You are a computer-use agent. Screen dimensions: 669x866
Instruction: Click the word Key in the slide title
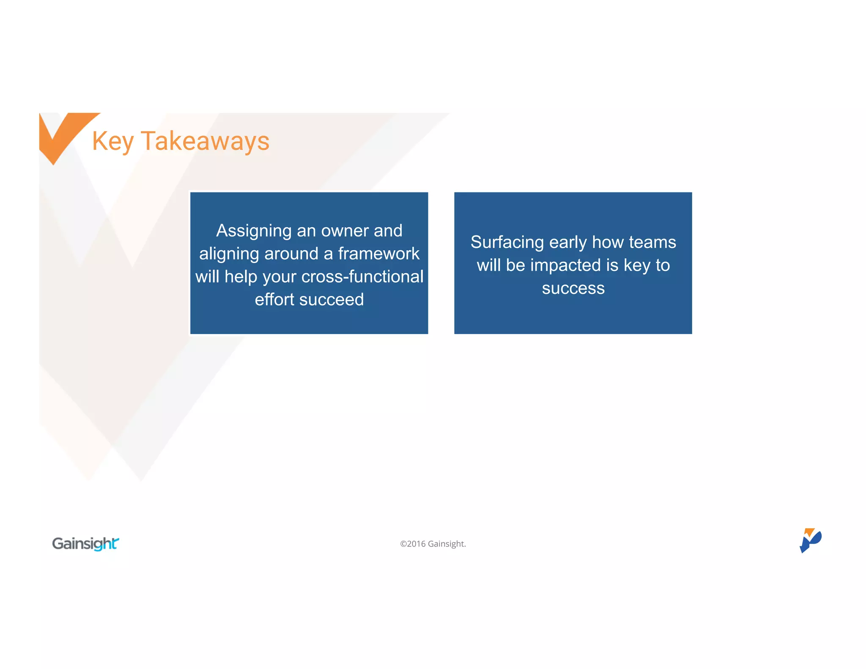coord(113,141)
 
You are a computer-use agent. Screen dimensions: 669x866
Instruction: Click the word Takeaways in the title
coord(205,141)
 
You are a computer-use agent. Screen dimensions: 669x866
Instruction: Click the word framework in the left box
coord(378,254)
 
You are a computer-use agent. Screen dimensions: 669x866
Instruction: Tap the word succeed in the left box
coord(332,299)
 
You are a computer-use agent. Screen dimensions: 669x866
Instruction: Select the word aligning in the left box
coord(229,254)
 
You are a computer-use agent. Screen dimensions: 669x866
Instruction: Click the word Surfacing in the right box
coord(507,242)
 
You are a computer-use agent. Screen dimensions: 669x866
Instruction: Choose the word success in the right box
coord(573,288)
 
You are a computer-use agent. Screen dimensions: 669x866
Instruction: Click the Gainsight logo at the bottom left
coord(85,543)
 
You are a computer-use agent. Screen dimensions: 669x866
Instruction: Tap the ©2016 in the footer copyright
coord(413,544)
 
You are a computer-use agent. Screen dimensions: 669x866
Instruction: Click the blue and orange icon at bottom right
coord(810,540)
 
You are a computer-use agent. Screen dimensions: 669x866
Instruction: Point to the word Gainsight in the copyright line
coord(447,544)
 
